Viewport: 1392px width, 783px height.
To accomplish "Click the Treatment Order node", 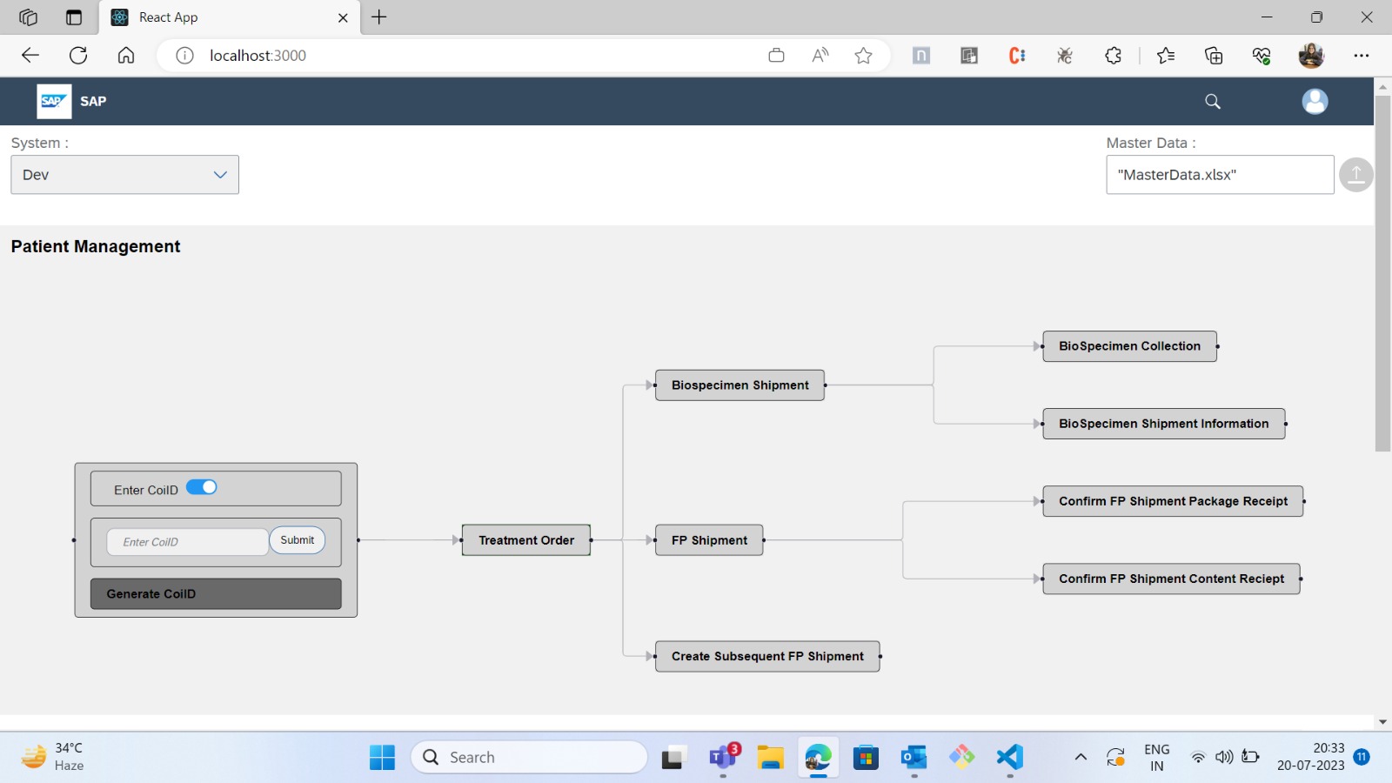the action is click(x=526, y=540).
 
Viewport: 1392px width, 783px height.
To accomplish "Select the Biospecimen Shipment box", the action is click(x=739, y=385).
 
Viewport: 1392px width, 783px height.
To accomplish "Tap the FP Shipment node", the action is click(x=709, y=540).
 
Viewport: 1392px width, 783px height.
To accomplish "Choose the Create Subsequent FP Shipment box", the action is click(x=767, y=657).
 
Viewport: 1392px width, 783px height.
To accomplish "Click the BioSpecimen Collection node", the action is click(x=1129, y=346).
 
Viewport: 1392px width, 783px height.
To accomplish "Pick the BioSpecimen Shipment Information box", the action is click(x=1163, y=424).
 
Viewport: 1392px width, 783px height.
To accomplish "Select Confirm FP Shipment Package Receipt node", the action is click(x=1173, y=501).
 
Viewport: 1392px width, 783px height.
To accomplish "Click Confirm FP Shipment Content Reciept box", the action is click(x=1171, y=579).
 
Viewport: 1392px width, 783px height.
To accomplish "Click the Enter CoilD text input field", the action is click(x=187, y=542).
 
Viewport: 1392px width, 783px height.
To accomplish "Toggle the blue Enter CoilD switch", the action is click(x=202, y=487).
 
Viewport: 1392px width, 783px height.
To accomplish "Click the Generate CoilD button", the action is click(x=216, y=594).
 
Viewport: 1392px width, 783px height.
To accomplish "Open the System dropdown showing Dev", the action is click(x=124, y=175).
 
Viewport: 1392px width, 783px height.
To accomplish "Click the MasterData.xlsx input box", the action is click(x=1220, y=175).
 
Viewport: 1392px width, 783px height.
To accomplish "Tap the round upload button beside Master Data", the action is click(x=1355, y=175).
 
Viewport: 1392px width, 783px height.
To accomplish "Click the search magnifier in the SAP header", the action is click(x=1213, y=102).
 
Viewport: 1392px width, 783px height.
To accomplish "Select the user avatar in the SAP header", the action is click(x=1315, y=102).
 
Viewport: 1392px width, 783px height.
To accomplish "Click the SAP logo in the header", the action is click(x=54, y=102).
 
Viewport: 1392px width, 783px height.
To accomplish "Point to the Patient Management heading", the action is click(x=96, y=247).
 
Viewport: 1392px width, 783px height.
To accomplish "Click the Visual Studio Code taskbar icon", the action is click(x=1009, y=758).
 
